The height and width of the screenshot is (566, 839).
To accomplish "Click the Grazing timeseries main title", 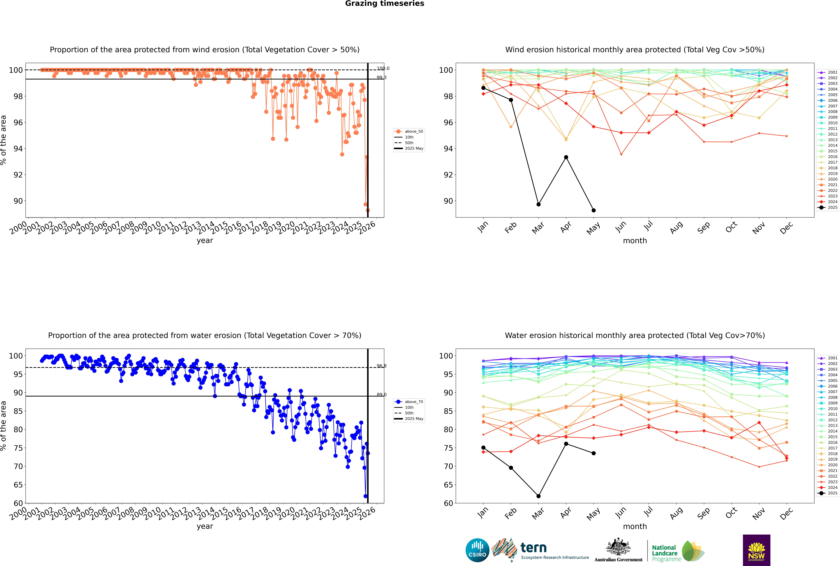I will click(x=385, y=4).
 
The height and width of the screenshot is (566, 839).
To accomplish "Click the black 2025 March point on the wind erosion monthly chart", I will click(x=539, y=204).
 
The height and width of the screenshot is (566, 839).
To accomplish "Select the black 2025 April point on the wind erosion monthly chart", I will click(x=566, y=157).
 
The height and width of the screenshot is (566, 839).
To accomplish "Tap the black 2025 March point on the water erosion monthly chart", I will click(x=539, y=496).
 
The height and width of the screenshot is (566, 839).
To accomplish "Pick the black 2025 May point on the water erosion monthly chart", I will click(x=594, y=453).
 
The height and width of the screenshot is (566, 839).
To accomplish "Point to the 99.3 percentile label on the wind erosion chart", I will click(x=381, y=78).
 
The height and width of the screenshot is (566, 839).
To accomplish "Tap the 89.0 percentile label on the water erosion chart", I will click(x=381, y=395).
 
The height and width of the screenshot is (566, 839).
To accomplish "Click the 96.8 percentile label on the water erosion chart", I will click(x=381, y=366).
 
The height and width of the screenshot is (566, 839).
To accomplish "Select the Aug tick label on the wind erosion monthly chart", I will click(x=676, y=227).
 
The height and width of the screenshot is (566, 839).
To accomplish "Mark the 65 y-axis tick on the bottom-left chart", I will click(x=18, y=485).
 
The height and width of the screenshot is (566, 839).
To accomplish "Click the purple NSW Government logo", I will click(x=756, y=550).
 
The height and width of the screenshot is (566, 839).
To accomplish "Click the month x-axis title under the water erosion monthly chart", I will click(x=635, y=526).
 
